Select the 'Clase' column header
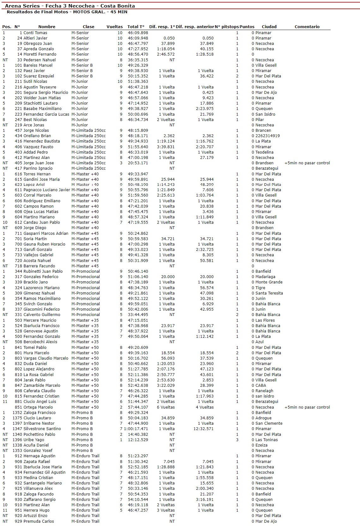click(88, 27)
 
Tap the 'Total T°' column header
click(136, 27)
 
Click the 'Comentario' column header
click(307, 27)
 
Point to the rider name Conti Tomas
click(35, 33)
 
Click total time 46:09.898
click(138, 33)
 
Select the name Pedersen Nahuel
click(39, 60)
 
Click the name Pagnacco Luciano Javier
click(47, 190)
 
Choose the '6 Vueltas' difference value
click(166, 407)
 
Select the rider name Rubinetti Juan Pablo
click(43, 271)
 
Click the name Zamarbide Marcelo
click(42, 386)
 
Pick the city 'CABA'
click(261, 386)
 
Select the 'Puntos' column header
click(247, 27)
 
